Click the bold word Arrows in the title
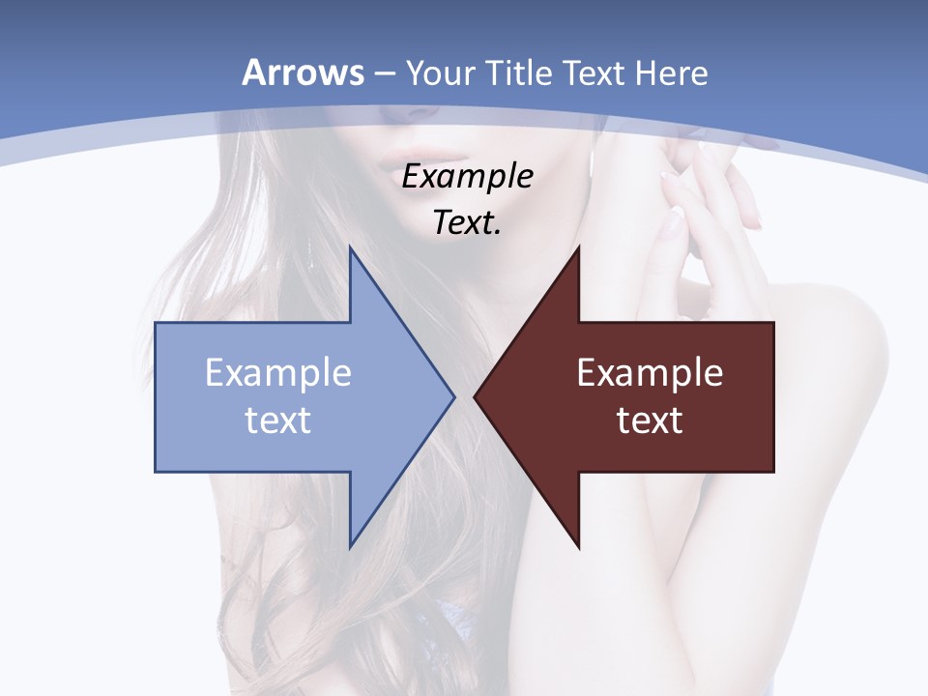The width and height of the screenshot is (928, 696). (x=304, y=72)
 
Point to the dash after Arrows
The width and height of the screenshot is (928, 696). (x=384, y=73)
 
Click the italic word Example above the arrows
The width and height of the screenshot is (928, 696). (x=467, y=177)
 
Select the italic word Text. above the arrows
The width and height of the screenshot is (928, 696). (x=467, y=222)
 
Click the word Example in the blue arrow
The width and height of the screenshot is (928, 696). (x=277, y=372)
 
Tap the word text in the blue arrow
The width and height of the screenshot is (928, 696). (x=277, y=420)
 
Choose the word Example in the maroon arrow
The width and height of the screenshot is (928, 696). (x=650, y=372)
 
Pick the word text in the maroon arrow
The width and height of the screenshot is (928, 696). (x=650, y=420)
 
